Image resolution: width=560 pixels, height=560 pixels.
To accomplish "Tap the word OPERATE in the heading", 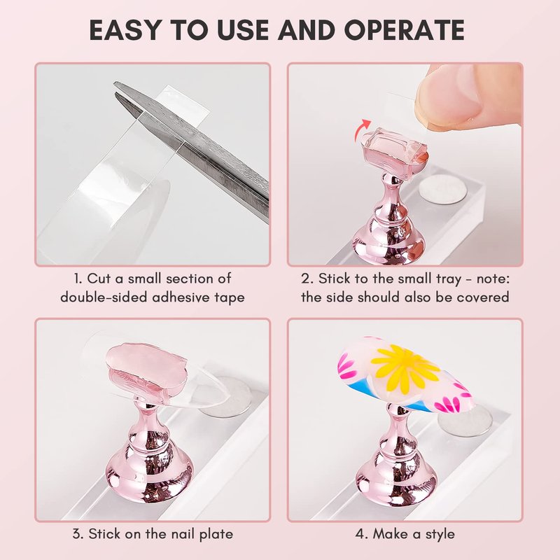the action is coord(405,29).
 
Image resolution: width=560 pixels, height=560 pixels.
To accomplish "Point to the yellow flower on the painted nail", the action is coord(405,369).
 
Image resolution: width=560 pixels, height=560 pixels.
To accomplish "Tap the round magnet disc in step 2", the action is coord(443,190).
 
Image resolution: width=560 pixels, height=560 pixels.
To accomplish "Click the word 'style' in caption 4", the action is coord(440,535).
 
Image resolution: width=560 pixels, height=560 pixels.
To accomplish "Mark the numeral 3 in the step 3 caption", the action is coord(76,535).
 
